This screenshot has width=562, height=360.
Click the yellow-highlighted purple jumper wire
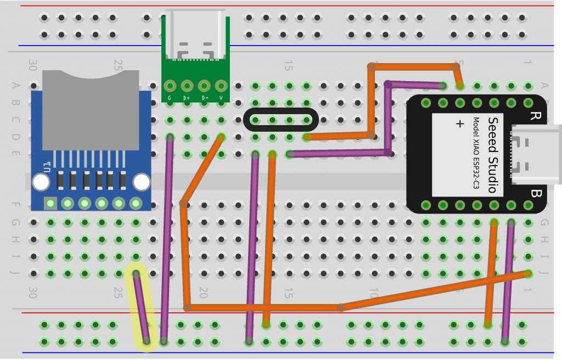[142, 307]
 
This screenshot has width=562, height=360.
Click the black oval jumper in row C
[280, 120]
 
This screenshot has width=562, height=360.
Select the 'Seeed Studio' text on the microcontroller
[492, 155]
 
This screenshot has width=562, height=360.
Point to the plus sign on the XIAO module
[460, 123]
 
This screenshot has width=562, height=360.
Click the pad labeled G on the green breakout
[170, 86]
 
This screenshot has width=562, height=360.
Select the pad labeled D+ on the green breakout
[187, 86]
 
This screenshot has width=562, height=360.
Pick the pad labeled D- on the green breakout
[204, 86]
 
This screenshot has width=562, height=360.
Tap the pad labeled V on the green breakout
[221, 86]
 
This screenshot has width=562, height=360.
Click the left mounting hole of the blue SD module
[41, 182]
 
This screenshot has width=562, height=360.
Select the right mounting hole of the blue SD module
[142, 182]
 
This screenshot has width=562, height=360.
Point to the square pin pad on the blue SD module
[50, 204]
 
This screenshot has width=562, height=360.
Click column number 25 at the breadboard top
[117, 66]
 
